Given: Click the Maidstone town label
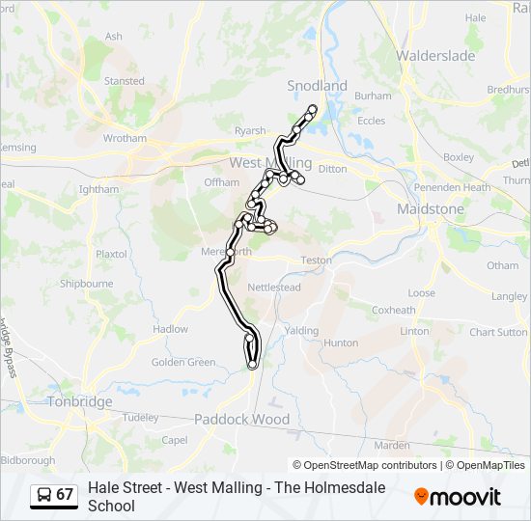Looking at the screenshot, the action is pos(431,208).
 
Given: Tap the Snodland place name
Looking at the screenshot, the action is pos(317,86).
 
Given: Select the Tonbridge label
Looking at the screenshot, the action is pos(81,401).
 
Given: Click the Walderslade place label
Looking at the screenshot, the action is pos(435,56).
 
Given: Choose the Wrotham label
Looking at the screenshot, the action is pos(125,139).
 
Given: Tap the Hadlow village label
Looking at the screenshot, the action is pos(171,329).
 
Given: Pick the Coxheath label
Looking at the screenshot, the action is pos(393,310).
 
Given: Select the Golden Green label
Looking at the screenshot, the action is pos(183,363).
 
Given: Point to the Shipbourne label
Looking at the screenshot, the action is pos(86,284).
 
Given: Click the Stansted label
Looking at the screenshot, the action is pos(124,81).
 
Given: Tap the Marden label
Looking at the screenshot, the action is pos(392,445).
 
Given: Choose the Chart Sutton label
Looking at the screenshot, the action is pos(498,332).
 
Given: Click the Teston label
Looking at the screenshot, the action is pos(316,260).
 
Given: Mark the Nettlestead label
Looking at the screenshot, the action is pos(274,288).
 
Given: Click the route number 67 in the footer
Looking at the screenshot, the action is pos(65,495).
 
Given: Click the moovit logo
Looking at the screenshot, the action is pos(458,497).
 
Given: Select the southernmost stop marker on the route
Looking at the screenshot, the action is pos(252,365).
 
